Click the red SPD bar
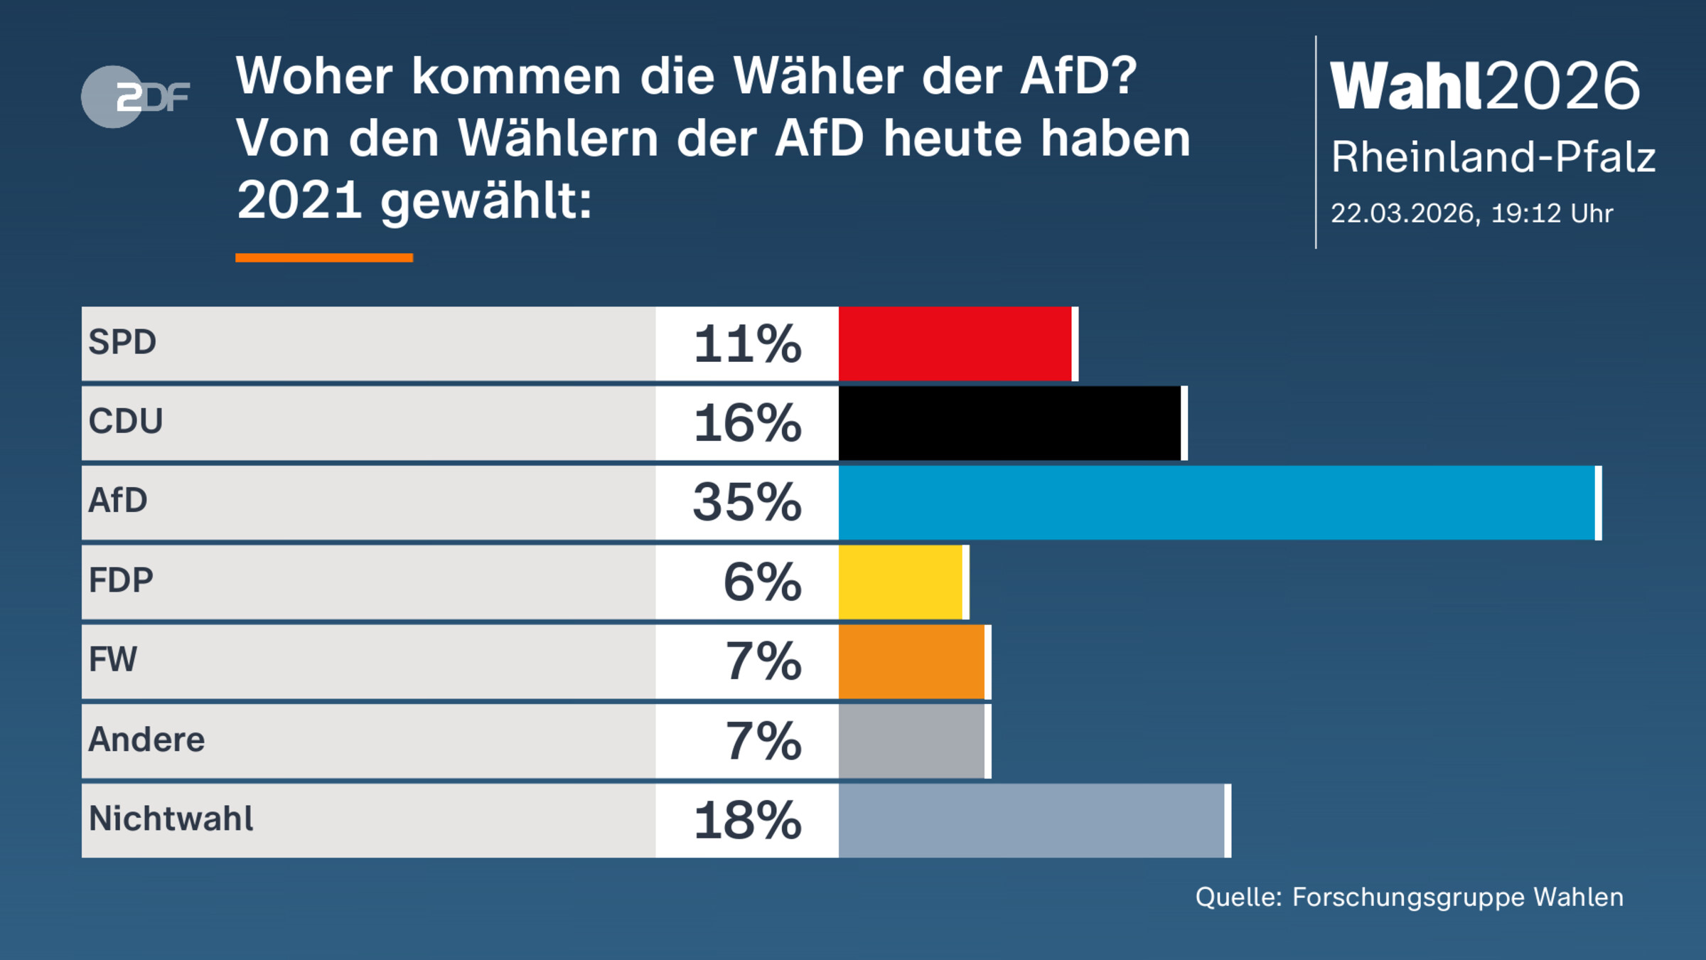[955, 343]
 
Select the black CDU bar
[1009, 423]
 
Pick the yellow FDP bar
[901, 582]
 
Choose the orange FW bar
[911, 662]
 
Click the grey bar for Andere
[911, 742]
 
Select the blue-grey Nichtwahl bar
[1031, 821]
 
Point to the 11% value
[747, 344]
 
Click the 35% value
[747, 503]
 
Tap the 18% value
[747, 821]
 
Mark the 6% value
[762, 582]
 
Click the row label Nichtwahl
[171, 818]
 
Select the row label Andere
[146, 740]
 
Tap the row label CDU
[126, 421]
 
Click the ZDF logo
[135, 97]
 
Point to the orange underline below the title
[324, 257]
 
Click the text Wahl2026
[1484, 86]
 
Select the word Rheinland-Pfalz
[1493, 157]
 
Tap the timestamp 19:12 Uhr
[1552, 213]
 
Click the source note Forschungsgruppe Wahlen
[1457, 897]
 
